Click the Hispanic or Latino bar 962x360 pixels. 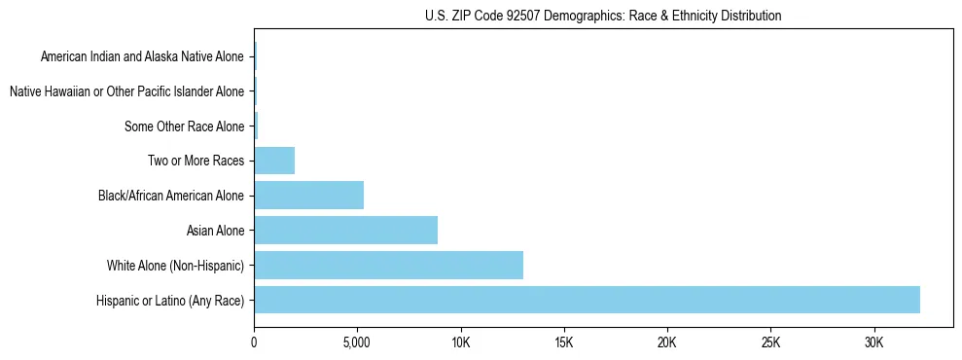pyautogui.click(x=587, y=300)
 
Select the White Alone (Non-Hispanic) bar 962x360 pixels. pyautogui.click(x=388, y=265)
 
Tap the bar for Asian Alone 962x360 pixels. pyautogui.click(x=345, y=231)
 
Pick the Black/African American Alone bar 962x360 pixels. pyautogui.click(x=308, y=196)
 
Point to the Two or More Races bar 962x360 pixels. pyautogui.click(x=274, y=161)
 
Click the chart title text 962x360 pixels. pyautogui.click(x=603, y=16)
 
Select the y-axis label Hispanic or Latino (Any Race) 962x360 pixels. pyautogui.click(x=170, y=301)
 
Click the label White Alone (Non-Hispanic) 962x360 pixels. pyautogui.click(x=176, y=266)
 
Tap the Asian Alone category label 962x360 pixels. pyautogui.click(x=215, y=231)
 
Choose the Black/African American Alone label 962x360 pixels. pyautogui.click(x=171, y=196)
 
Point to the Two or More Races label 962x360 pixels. pyautogui.click(x=196, y=161)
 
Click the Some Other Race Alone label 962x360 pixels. pyautogui.click(x=184, y=126)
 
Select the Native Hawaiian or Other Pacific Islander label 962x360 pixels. pyautogui.click(x=126, y=91)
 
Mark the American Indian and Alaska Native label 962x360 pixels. pyautogui.click(x=142, y=56)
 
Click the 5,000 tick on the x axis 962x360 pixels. pyautogui.click(x=357, y=343)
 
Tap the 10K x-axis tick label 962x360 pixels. pyautogui.click(x=460, y=343)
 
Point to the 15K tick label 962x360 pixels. pyautogui.click(x=563, y=343)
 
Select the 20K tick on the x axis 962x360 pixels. pyautogui.click(x=667, y=343)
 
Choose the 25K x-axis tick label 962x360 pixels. pyautogui.click(x=770, y=343)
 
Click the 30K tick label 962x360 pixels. pyautogui.click(x=873, y=343)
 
